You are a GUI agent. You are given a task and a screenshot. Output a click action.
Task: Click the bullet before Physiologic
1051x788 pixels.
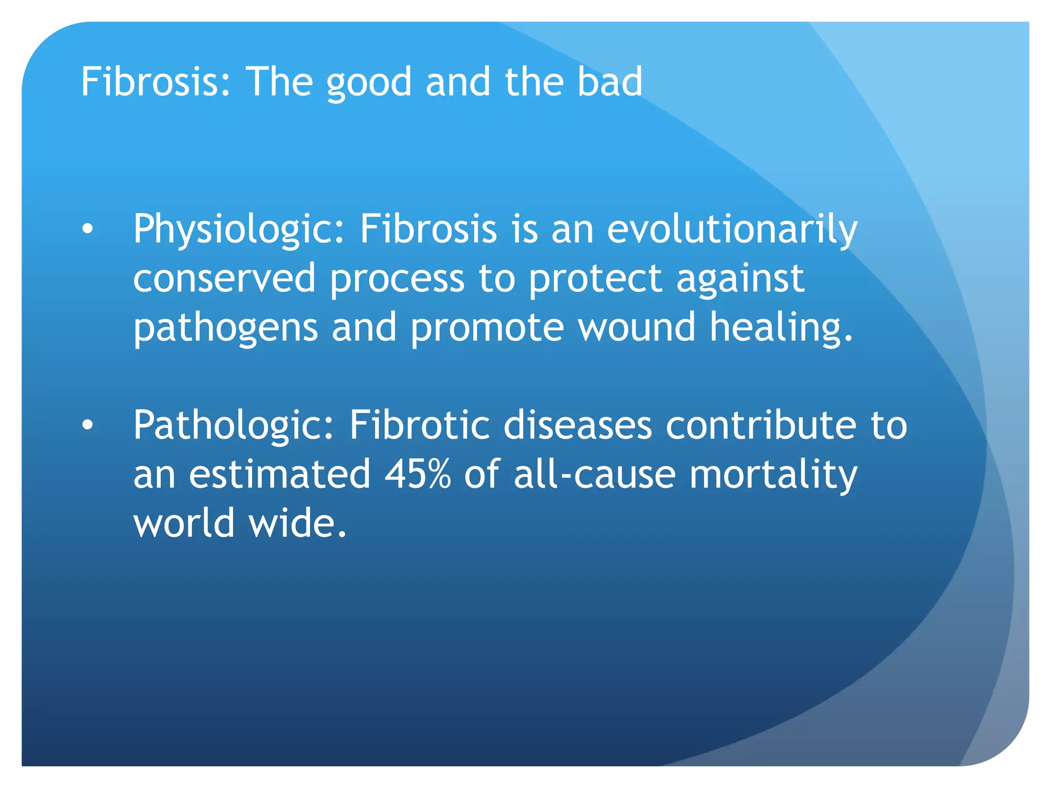[x=88, y=230]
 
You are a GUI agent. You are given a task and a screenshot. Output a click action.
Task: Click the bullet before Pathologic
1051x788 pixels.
[x=88, y=425]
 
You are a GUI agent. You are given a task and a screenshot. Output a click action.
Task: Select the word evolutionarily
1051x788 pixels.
[x=732, y=230]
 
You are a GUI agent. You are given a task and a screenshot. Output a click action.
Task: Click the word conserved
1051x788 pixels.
[x=224, y=278]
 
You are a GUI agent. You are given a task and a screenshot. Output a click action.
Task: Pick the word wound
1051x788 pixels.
[x=637, y=327]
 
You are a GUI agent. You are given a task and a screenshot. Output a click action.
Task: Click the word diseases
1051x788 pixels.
[x=577, y=425]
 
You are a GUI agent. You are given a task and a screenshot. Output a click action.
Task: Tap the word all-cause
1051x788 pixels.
[x=594, y=474]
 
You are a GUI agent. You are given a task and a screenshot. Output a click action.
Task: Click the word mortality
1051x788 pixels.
[x=773, y=475]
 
